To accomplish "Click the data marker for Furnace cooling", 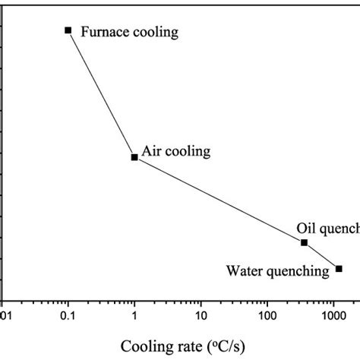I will [68, 30].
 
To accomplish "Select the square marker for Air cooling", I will [134, 157].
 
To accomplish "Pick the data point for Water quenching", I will [339, 268].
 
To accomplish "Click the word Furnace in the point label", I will [103, 33].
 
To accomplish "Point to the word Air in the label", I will [152, 152].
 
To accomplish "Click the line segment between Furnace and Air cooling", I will [101, 94].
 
